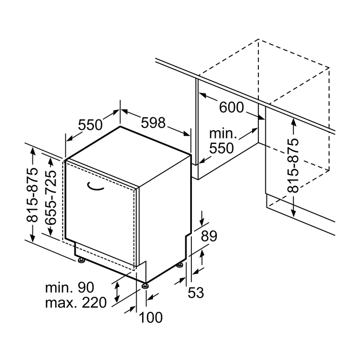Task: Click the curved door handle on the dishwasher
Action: pyautogui.click(x=95, y=186)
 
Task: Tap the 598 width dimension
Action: pyautogui.click(x=153, y=123)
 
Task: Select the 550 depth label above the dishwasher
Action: pyautogui.click(x=90, y=125)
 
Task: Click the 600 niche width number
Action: pyautogui.click(x=231, y=107)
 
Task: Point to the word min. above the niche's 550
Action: pyautogui.click(x=223, y=134)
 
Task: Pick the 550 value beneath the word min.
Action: pyautogui.click(x=222, y=148)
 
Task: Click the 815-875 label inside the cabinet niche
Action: pyautogui.click(x=293, y=166)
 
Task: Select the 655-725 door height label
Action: pyautogui.click(x=51, y=197)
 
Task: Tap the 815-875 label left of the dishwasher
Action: pyautogui.click(x=32, y=195)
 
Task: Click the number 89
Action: pyautogui.click(x=209, y=236)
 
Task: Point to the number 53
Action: pyautogui.click(x=196, y=293)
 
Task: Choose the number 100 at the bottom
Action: pyautogui.click(x=151, y=317)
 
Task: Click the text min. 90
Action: pyautogui.click(x=70, y=287)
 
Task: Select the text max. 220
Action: pyautogui.click(x=76, y=303)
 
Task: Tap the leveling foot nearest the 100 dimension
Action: pyautogui.click(x=145, y=285)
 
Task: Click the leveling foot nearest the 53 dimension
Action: pyautogui.click(x=180, y=265)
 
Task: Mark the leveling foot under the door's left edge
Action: pyautogui.click(x=81, y=261)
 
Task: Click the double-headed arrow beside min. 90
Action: pyautogui.click(x=117, y=292)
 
